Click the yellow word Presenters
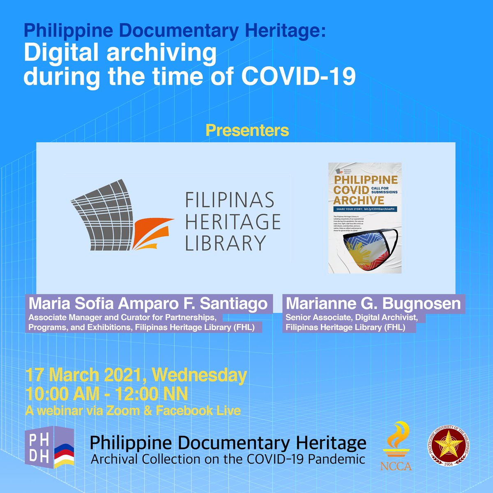coord(247,131)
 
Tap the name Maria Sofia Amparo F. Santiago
coord(148,304)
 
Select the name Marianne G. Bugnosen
coord(373,304)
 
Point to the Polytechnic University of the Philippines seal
coord(448,446)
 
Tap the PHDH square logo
coord(49,448)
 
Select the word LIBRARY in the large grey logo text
coord(225,242)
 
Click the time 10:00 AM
coord(62,394)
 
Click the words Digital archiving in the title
coord(120,53)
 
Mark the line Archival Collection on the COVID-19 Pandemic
coord(228,458)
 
